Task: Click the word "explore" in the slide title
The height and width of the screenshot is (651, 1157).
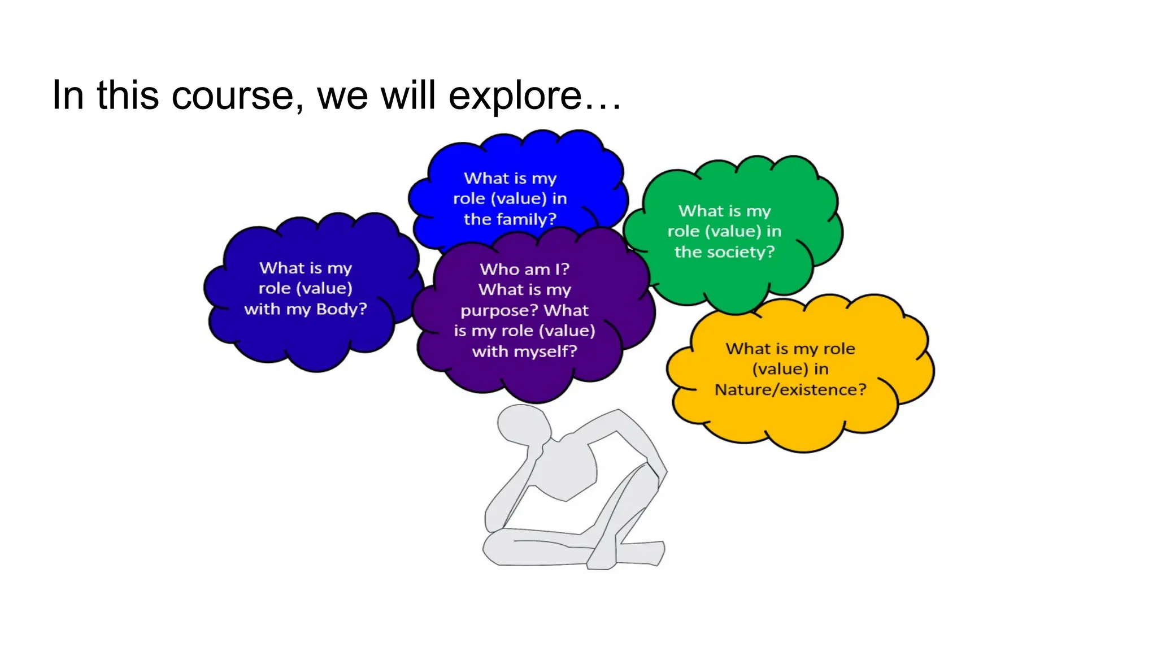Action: point(515,96)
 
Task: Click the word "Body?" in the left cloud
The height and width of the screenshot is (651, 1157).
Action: point(342,309)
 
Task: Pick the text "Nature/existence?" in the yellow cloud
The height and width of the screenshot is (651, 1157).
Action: point(790,390)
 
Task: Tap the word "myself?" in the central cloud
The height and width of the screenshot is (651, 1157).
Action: point(545,351)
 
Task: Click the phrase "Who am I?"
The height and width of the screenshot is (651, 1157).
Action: point(524,269)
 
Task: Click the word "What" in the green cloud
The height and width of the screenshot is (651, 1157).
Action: point(701,211)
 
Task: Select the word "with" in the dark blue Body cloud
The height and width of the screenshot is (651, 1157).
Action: point(262,309)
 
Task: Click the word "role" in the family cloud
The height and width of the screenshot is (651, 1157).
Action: point(469,199)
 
